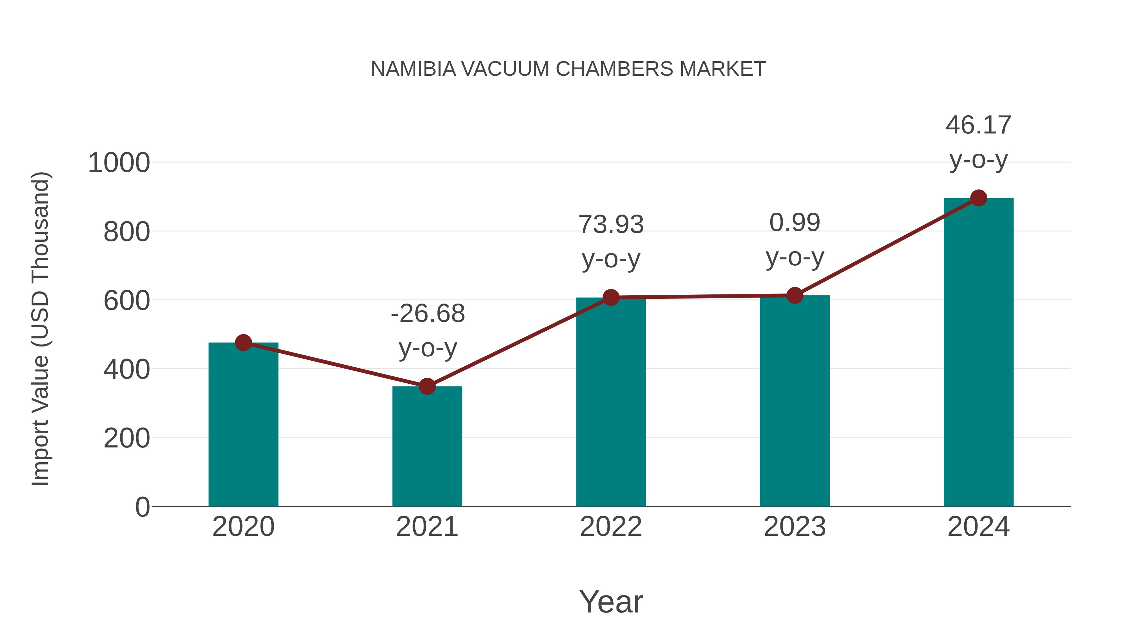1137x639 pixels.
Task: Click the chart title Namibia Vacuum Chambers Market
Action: pos(568,69)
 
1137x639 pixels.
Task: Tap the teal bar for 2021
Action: pos(427,447)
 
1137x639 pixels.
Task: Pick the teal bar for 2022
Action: pos(611,404)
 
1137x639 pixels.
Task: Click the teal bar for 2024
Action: pos(978,353)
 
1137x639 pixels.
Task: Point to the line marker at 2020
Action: pos(243,343)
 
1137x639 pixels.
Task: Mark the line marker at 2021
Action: pos(427,386)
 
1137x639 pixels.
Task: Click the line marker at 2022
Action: pos(611,298)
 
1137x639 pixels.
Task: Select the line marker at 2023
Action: pos(795,295)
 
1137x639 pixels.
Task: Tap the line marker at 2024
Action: pos(978,198)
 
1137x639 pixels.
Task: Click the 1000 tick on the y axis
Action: pos(119,163)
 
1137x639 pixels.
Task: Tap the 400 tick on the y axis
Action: pos(127,369)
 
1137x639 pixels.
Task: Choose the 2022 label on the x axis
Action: pos(611,527)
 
